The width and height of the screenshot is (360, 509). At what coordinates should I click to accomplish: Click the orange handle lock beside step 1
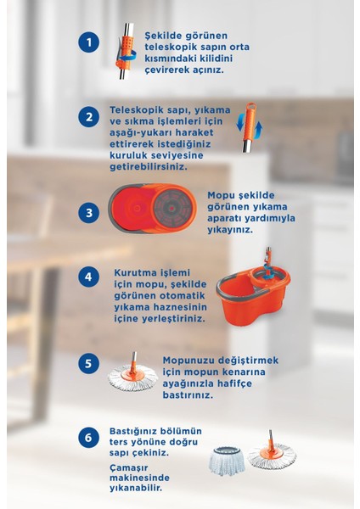(124, 48)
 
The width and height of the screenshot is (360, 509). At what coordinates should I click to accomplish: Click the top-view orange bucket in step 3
(155, 208)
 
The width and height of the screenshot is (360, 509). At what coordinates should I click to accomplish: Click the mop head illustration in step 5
(133, 376)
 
